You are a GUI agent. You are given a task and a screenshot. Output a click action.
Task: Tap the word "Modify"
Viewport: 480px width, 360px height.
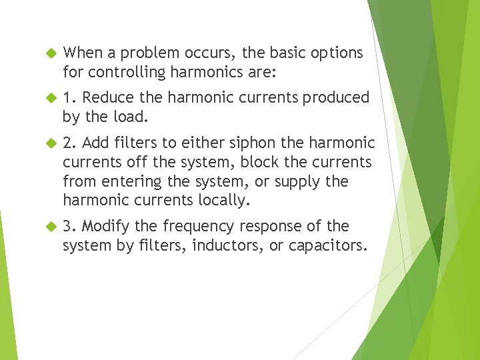(106, 227)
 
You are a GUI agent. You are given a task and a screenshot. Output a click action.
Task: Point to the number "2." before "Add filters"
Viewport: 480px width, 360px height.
(69, 143)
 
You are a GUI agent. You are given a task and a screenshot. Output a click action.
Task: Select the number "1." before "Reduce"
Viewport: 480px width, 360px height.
(69, 98)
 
